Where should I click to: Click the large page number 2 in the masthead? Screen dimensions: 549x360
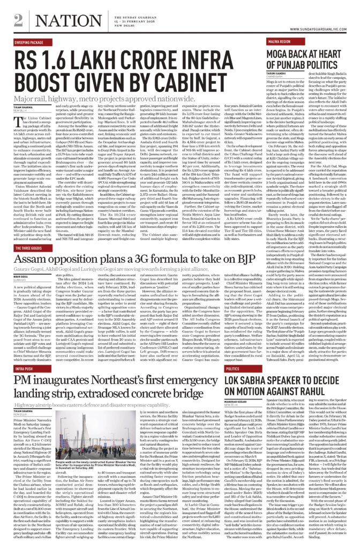pos(19,20)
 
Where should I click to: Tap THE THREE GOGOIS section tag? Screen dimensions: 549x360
pos(29,249)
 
